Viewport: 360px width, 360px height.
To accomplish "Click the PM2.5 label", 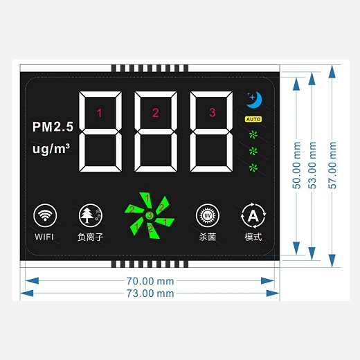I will [x=52, y=127].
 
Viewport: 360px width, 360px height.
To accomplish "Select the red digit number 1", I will [x=99, y=113].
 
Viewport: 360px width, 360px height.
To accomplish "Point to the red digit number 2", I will [x=155, y=113].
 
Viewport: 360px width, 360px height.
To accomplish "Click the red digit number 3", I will [x=212, y=113].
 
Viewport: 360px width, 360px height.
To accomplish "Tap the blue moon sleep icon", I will [x=253, y=100].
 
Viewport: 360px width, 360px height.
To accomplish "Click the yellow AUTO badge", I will [x=253, y=119].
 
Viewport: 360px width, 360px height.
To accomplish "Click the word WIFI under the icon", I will [x=44, y=237].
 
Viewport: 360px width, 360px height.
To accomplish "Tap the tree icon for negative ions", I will [x=89, y=215].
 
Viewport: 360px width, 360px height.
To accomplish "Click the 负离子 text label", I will [x=88, y=237].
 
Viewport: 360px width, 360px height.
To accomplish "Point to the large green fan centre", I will [x=149, y=215].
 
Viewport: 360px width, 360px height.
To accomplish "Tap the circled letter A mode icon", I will [x=253, y=216].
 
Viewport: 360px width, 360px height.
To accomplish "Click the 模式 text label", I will [x=253, y=237].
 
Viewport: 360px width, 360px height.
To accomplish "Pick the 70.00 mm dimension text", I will [x=150, y=281].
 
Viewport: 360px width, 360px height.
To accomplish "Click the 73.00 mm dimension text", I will [x=150, y=294].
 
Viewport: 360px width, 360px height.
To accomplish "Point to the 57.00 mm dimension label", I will [x=333, y=166].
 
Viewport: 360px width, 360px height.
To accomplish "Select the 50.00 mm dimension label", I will [x=296, y=166].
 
